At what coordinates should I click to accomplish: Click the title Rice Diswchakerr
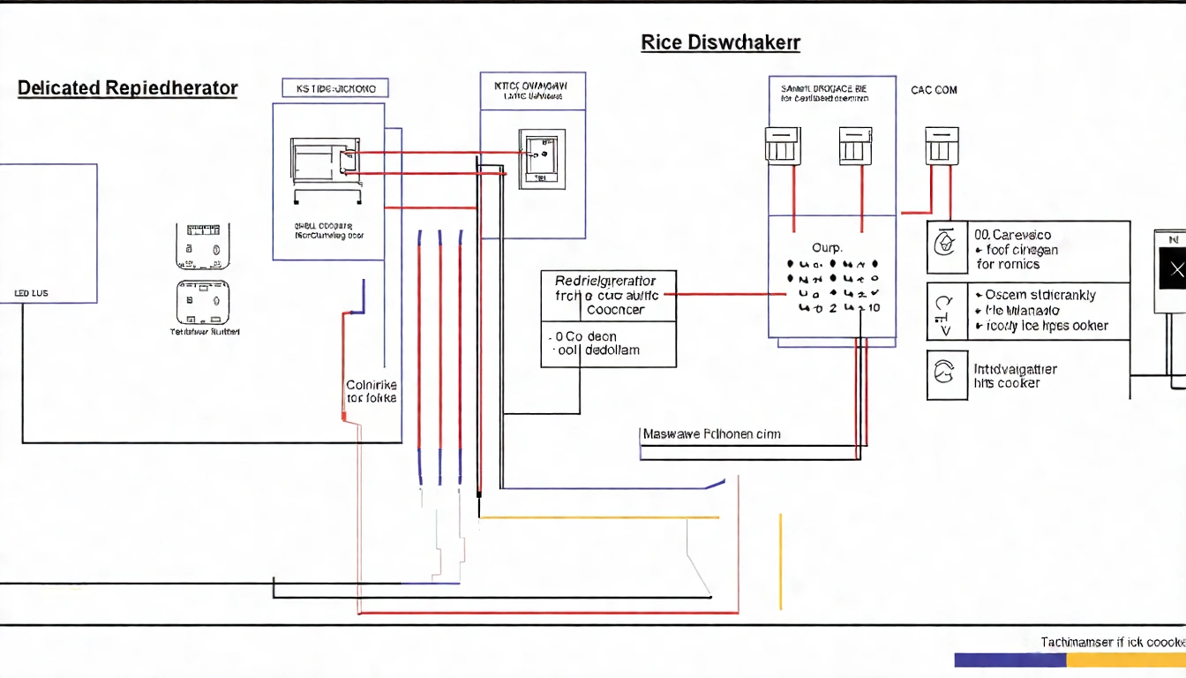(720, 42)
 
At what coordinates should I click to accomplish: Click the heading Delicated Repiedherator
(127, 88)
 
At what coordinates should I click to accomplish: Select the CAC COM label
(934, 90)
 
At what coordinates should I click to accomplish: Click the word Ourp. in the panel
(827, 248)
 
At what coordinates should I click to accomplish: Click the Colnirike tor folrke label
(372, 392)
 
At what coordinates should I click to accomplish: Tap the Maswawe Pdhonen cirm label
(711, 434)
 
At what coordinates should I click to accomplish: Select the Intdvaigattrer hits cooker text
(1015, 376)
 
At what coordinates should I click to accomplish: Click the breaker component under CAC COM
(941, 146)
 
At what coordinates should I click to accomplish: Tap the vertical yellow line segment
(780, 561)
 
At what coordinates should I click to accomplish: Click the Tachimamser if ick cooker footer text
(1112, 643)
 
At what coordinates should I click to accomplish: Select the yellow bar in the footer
(1126, 659)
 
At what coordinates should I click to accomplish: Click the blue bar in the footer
(1010, 659)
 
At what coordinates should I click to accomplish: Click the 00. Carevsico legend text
(1012, 236)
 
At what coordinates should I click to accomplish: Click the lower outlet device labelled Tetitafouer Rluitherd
(204, 303)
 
